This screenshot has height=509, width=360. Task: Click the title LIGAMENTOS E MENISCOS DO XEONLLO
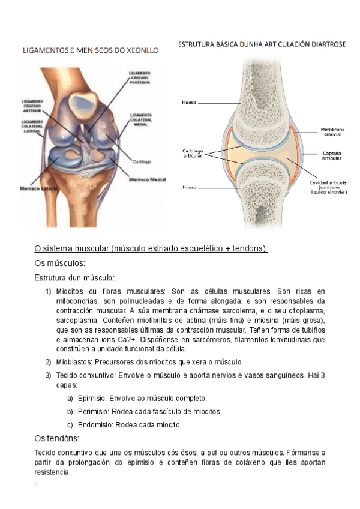click(91, 51)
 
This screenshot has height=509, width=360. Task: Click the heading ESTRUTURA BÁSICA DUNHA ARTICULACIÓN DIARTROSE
click(262, 44)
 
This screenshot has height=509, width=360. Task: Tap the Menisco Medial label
click(148, 178)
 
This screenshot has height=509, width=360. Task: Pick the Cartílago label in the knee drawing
click(142, 161)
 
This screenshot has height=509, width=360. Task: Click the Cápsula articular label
click(332, 155)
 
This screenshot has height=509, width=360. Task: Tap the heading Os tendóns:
click(59, 438)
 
